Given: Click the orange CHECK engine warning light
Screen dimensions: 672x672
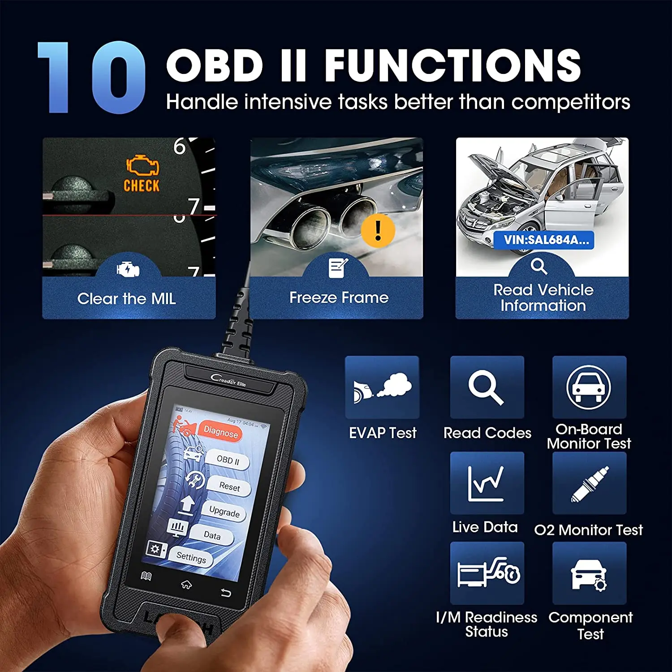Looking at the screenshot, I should click(x=142, y=173).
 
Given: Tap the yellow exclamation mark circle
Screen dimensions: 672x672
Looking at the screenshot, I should click(x=378, y=230).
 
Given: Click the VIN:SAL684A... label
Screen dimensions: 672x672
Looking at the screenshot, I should click(x=546, y=240).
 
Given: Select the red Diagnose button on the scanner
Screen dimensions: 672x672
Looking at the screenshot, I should click(x=220, y=432).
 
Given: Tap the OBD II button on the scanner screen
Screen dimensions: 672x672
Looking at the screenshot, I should click(x=228, y=460).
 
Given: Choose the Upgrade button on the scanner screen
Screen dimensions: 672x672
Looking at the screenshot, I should click(x=224, y=512).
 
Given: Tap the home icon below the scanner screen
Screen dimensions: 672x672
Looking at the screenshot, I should click(x=186, y=584).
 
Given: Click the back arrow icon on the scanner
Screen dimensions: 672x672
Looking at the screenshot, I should click(x=226, y=593).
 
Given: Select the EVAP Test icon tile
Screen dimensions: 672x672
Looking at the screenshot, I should click(x=382, y=387).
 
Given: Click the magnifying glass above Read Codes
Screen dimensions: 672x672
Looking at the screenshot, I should click(x=487, y=387).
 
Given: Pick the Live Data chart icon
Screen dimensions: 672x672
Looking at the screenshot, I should click(x=487, y=483).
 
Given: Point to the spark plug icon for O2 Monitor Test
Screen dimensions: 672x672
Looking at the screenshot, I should click(x=589, y=483).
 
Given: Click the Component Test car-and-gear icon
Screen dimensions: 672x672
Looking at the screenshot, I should click(x=589, y=573).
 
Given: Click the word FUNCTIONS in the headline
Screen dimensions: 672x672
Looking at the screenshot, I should click(x=452, y=65).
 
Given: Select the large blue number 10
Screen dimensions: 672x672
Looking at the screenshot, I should click(x=92, y=77).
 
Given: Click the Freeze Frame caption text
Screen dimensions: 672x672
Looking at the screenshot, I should click(x=339, y=297).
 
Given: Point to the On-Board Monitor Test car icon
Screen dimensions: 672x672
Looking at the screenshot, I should click(x=589, y=387).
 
